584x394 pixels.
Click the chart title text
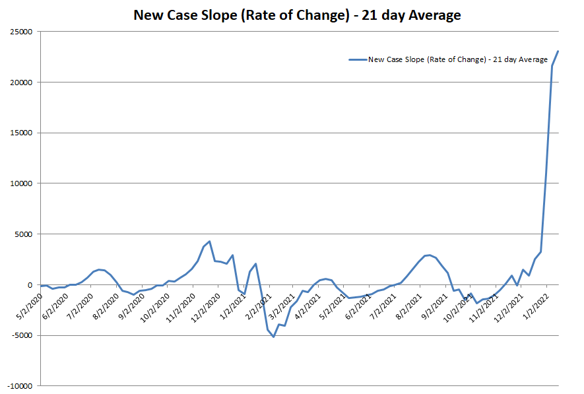(x=297, y=15)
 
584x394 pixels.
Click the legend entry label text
(x=458, y=59)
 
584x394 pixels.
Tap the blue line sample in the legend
(x=357, y=59)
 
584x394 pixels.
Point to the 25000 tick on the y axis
(x=23, y=31)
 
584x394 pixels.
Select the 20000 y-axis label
(x=23, y=82)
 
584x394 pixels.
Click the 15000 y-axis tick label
(x=23, y=133)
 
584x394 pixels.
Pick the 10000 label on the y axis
(x=23, y=183)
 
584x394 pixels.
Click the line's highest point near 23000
(x=558, y=51)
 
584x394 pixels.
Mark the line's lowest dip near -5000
(x=273, y=337)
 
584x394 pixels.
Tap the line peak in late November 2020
(x=209, y=242)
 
